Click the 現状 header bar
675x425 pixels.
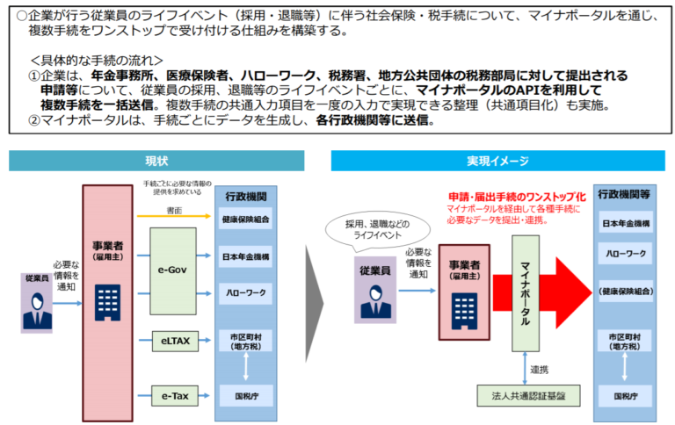[x=156, y=161]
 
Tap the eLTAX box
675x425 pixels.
[x=173, y=337]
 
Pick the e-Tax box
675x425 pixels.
[x=173, y=396]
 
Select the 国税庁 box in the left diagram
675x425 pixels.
[x=246, y=396]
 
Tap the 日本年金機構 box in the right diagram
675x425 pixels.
[x=625, y=224]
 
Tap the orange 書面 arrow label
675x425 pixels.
[x=173, y=212]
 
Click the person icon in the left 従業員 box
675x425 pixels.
[x=37, y=306]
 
